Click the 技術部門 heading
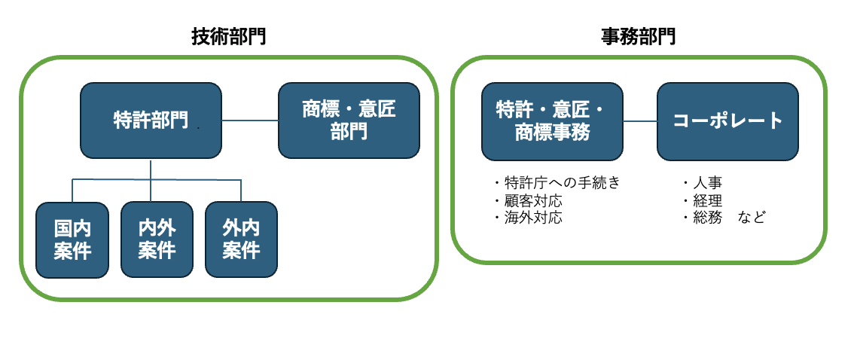pos(228,37)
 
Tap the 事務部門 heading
pos(638,37)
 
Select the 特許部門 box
pos(151,121)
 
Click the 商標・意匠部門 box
pos(349,121)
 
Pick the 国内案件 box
pos(72,239)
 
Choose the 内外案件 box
pos(157,239)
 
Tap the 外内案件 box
pos(241,239)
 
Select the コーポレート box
pos(727,121)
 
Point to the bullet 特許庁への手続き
pos(557,182)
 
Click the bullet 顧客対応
pos(527,200)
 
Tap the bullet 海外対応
pos(527,218)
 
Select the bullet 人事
pos(703,182)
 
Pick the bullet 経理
pos(703,200)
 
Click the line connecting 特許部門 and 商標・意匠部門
pos(250,121)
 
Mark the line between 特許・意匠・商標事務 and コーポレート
pos(640,121)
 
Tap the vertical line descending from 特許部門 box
pos(151,180)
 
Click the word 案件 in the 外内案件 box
pos(241,251)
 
